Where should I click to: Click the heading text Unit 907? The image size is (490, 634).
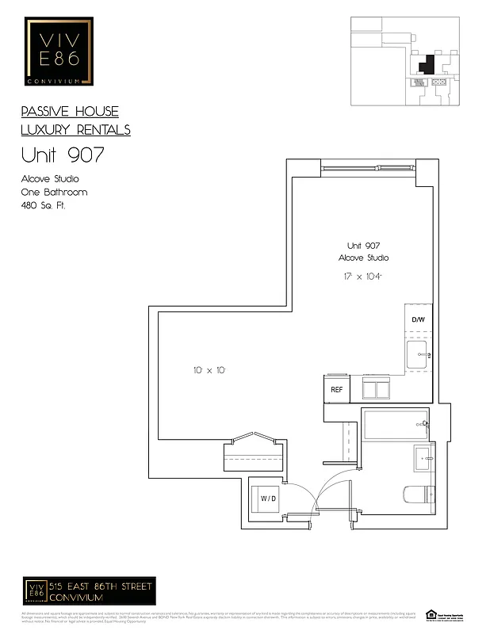(x=62, y=155)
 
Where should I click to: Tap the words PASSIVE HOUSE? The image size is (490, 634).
(x=70, y=112)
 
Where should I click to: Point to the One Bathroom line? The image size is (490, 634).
(x=54, y=193)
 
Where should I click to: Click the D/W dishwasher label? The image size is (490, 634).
(x=418, y=319)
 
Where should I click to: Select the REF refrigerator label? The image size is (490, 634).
(x=336, y=389)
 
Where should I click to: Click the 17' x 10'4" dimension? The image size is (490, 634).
(x=364, y=276)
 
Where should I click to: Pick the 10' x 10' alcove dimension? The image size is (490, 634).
(x=209, y=370)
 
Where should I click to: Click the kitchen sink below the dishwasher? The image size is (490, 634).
(x=418, y=355)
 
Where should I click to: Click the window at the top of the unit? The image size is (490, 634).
(x=367, y=168)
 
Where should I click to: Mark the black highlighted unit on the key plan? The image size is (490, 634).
(x=427, y=64)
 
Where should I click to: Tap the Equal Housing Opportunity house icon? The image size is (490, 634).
(x=431, y=613)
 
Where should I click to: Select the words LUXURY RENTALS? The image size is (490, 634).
(x=76, y=130)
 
